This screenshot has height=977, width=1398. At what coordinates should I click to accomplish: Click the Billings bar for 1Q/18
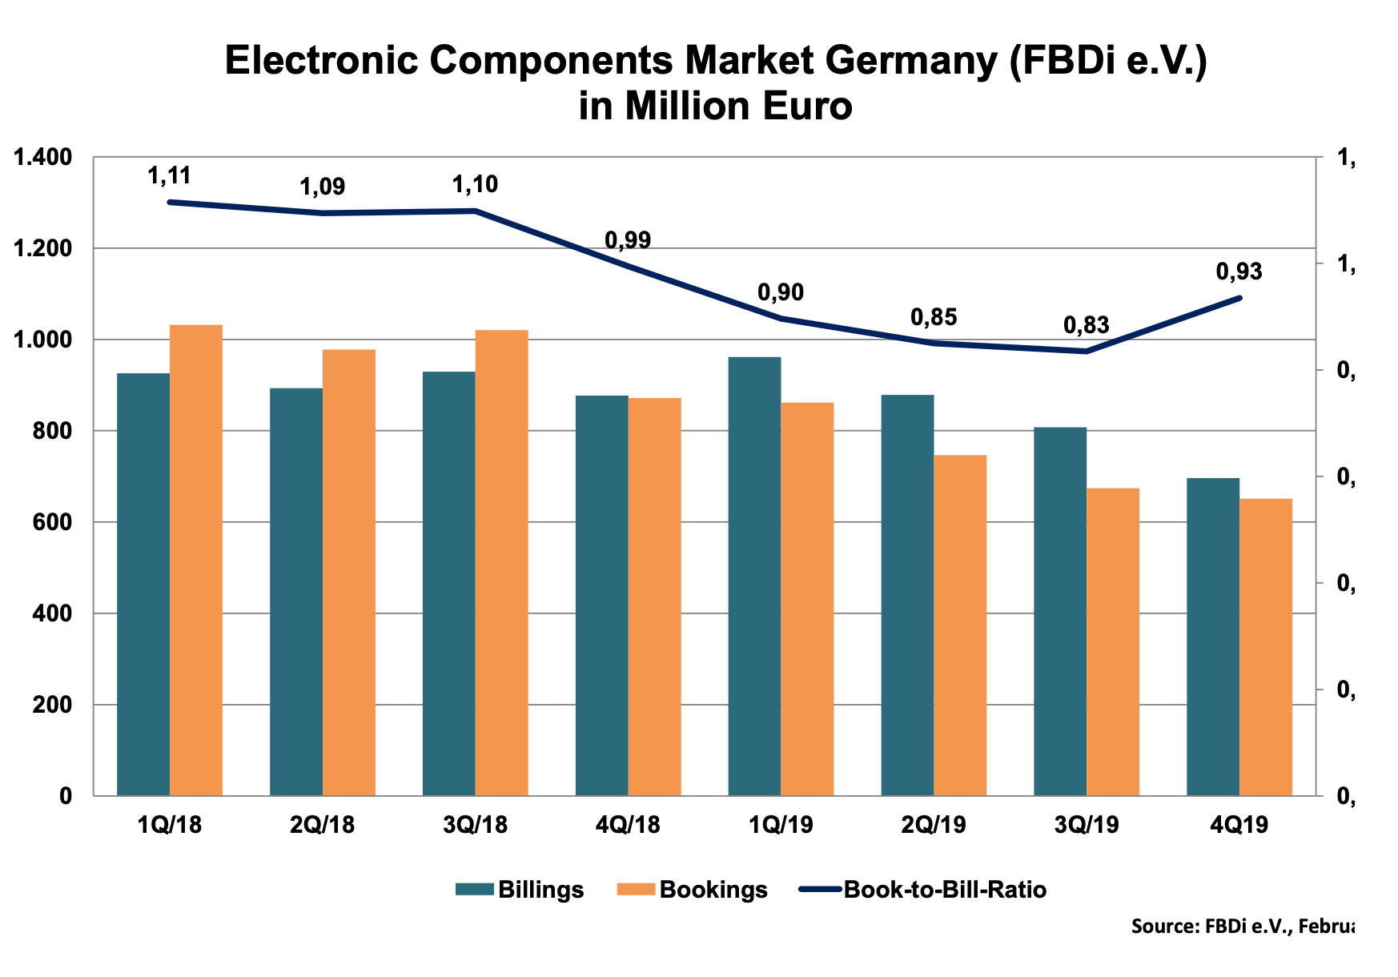point(143,585)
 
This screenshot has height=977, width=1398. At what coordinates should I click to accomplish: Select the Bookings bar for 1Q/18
point(196,561)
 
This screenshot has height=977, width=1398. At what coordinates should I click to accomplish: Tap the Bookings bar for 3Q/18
point(502,563)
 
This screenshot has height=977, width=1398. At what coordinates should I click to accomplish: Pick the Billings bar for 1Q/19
point(754,577)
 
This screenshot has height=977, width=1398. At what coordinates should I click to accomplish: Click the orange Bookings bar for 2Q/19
point(961,625)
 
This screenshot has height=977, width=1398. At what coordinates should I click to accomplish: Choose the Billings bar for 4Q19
point(1213,637)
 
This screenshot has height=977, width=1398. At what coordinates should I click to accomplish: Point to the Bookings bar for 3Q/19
point(1113,641)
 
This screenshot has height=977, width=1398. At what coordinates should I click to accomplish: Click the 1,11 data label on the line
point(169,175)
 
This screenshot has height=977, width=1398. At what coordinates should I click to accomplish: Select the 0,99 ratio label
point(628,240)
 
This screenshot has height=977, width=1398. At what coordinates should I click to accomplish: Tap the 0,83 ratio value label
point(1086,325)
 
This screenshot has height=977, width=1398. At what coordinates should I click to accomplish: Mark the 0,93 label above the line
point(1239,272)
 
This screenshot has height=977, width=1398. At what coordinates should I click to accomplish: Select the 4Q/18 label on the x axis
point(628,825)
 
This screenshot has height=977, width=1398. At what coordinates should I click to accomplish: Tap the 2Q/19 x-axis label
point(934,825)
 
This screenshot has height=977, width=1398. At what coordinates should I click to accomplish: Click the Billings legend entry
point(520,890)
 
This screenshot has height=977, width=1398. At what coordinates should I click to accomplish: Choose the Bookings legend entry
point(693,890)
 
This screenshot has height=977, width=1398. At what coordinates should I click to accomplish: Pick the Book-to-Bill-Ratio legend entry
point(923,890)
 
